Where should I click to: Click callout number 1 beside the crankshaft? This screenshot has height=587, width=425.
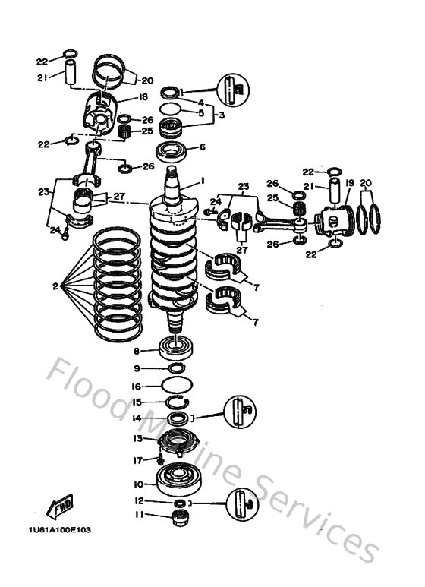tap(203, 181)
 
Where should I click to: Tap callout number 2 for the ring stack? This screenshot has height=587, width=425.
tap(55, 286)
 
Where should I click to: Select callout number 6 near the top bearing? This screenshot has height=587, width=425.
tap(203, 148)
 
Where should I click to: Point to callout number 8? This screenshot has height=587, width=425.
tap(136, 351)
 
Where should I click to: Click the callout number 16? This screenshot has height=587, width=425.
tap(137, 386)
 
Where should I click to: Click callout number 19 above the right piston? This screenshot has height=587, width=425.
tap(350, 183)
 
